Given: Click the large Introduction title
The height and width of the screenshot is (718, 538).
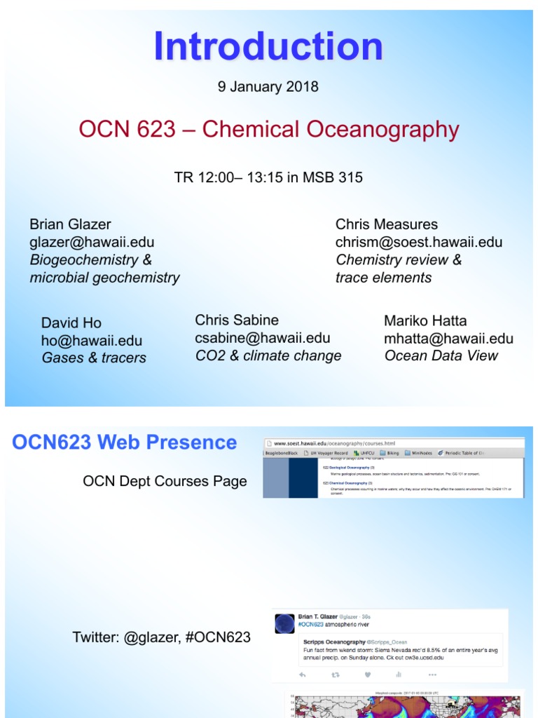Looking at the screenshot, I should pos(268,47).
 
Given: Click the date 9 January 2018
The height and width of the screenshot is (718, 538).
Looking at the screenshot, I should pos(268,87).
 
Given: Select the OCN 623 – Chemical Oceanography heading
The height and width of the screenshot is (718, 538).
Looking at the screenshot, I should pos(268,129).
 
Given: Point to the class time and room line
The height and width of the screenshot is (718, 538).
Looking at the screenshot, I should pos(268,177).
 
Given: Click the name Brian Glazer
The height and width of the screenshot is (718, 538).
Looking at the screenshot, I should pos(70,224).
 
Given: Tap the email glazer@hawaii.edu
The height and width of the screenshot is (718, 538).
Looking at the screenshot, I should pos(92,242).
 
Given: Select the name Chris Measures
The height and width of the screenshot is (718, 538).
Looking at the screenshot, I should pos(387,224).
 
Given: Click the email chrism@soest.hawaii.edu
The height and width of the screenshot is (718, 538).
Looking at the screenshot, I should pos(419,242).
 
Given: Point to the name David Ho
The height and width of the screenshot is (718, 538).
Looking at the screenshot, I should pos(71,323).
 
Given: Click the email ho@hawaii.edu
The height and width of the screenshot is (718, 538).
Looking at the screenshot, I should pos(92,341).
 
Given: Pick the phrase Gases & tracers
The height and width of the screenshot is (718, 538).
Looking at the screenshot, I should pos(94,358).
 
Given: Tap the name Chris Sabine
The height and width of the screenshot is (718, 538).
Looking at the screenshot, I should pos(237,320).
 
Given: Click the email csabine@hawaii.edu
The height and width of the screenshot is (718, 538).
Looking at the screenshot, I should pos(263,338).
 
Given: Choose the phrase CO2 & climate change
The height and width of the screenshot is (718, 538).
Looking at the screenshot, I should pos(268,355).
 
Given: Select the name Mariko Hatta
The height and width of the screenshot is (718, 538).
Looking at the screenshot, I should pos(425,321).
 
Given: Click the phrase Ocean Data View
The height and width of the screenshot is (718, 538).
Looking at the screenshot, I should pos(441,355).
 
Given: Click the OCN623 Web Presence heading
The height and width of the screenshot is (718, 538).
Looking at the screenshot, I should pos(125,442).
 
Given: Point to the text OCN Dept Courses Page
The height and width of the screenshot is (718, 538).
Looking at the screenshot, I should pos(165,481).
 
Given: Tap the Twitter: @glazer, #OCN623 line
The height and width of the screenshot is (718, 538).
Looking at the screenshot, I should pos(162,637).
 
